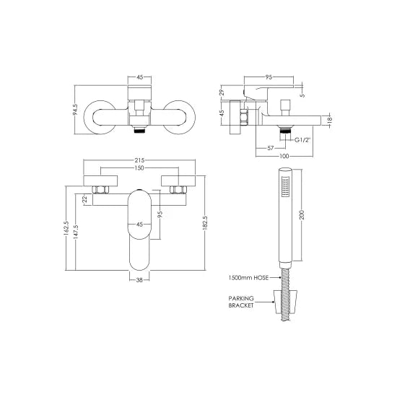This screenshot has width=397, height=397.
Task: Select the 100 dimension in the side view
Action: click(x=284, y=156)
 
